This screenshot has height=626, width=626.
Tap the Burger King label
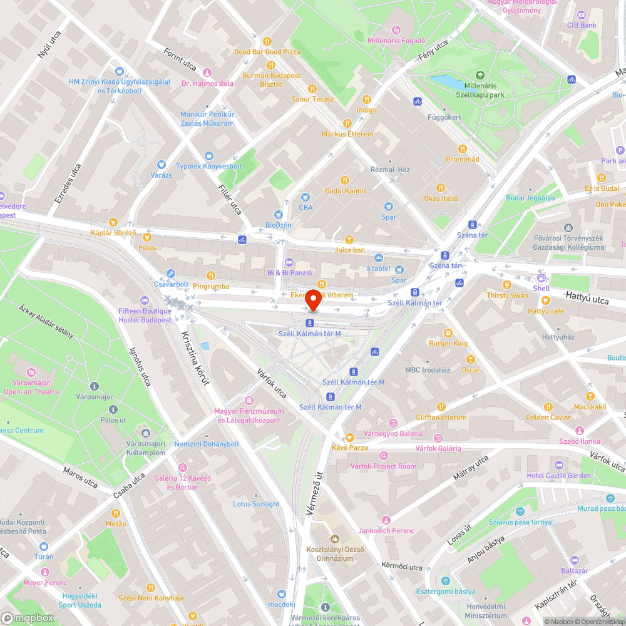point(448,343)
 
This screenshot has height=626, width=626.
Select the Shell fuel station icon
point(541,277)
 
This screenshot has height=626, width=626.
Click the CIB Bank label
point(582,25)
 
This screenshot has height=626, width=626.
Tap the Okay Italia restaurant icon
point(441,187)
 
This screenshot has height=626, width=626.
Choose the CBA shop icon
point(305,197)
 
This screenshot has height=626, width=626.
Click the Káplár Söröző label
point(113,232)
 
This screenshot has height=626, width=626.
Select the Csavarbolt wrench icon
point(171,273)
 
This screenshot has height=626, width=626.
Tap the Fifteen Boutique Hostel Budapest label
point(145,316)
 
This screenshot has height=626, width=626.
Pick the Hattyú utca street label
point(587,297)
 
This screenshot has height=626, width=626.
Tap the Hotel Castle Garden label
point(559,476)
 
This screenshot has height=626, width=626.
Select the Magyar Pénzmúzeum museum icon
point(249,401)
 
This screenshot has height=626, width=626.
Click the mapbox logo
point(28,618)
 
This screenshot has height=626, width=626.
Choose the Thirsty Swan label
point(507,295)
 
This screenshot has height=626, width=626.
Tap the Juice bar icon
point(349,239)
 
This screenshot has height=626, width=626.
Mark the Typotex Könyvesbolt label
point(208,166)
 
